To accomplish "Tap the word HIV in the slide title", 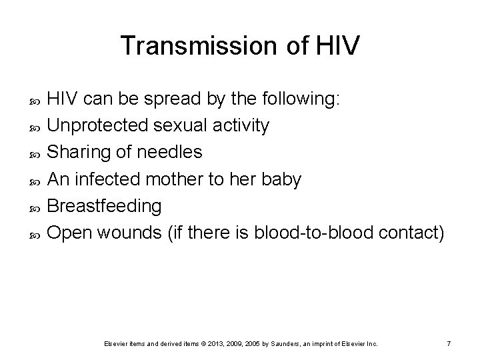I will [x=337, y=45].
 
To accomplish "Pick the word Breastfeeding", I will [x=105, y=206].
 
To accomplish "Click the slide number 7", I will [x=449, y=343].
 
